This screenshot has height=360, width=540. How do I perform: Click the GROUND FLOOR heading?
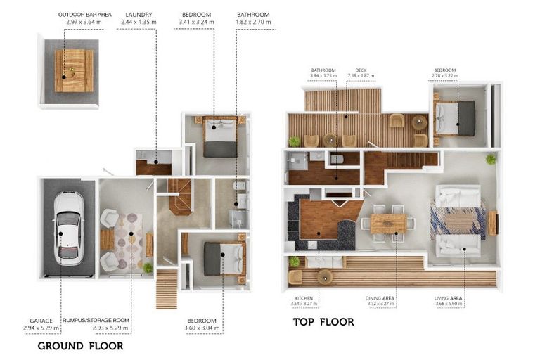point(80,345)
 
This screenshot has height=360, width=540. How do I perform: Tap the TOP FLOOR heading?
point(323,322)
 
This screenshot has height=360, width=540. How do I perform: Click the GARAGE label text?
point(41,321)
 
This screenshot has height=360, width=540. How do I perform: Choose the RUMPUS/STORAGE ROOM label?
point(94,321)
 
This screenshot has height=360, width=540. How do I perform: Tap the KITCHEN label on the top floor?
point(304,298)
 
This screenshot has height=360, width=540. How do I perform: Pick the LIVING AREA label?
point(449,298)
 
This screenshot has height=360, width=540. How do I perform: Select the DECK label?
point(361,70)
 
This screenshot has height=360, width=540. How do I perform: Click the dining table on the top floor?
point(388,223)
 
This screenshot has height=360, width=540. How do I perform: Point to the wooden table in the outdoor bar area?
point(74,70)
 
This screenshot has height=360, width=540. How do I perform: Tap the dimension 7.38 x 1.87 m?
point(361,76)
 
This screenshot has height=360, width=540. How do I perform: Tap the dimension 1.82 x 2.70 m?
point(252,22)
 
